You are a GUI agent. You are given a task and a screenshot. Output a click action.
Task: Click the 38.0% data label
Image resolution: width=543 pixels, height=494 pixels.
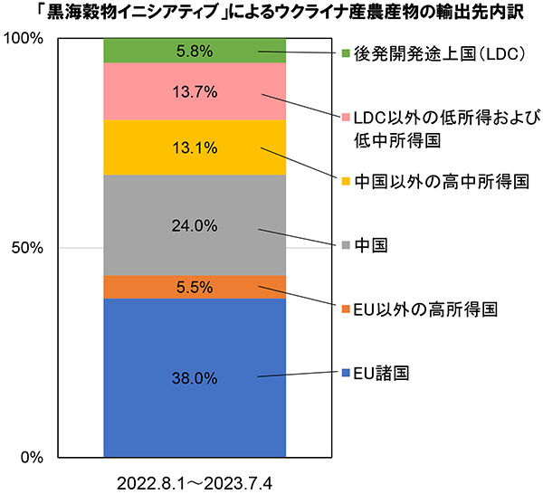click(x=195, y=378)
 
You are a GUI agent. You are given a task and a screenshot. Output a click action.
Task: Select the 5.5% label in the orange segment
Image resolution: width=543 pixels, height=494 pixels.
click(x=195, y=288)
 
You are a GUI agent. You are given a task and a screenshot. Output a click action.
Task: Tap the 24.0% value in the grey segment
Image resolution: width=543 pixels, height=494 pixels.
click(x=195, y=226)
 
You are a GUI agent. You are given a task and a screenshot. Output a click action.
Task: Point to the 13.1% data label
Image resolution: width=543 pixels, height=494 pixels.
click(x=195, y=148)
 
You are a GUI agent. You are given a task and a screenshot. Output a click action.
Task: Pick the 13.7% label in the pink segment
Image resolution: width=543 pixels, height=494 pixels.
click(x=195, y=92)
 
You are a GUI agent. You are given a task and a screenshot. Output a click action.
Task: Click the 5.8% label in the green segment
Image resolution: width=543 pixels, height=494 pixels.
click(x=195, y=52)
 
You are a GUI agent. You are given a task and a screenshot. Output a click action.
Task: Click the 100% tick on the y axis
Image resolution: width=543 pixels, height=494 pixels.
click(x=24, y=39)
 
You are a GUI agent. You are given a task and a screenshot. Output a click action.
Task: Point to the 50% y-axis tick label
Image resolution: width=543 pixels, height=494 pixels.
click(x=27, y=248)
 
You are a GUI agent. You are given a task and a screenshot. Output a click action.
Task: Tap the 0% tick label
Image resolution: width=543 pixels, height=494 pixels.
click(x=32, y=457)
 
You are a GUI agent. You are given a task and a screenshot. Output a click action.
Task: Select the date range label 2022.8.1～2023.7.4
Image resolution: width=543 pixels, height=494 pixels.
click(x=195, y=484)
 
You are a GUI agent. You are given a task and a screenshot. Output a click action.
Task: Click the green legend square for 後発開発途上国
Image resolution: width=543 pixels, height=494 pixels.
click(x=346, y=53)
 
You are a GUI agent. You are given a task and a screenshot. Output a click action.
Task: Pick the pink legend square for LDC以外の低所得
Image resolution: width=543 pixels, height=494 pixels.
click(x=346, y=118)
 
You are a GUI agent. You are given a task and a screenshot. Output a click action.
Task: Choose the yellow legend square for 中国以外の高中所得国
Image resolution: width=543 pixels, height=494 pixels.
click(x=346, y=181)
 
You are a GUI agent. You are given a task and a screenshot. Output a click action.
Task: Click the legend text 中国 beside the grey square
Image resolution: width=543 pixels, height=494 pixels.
click(x=370, y=245)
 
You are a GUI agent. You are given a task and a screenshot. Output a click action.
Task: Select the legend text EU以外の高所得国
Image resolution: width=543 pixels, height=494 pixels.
click(x=425, y=309)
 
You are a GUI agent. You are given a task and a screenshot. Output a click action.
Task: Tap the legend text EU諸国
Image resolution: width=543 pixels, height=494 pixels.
click(x=381, y=373)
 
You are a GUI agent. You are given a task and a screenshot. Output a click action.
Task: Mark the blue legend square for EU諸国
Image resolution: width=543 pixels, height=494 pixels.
click(x=346, y=373)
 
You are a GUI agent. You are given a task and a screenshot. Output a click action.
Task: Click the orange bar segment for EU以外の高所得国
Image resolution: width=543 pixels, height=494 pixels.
click(x=195, y=287)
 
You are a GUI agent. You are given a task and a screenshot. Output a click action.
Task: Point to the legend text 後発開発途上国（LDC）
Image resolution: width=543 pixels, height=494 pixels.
click(x=440, y=54)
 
